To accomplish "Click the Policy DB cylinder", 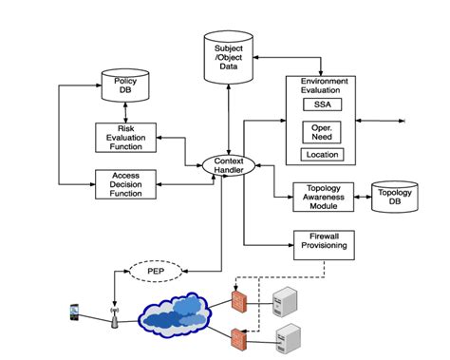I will tap(126, 86).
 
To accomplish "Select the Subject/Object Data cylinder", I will tap(228, 55).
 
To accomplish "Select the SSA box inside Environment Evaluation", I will tap(321, 104).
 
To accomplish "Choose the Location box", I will tap(321, 154).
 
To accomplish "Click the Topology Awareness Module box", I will tap(322, 195).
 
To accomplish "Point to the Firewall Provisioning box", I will tap(322, 242).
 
